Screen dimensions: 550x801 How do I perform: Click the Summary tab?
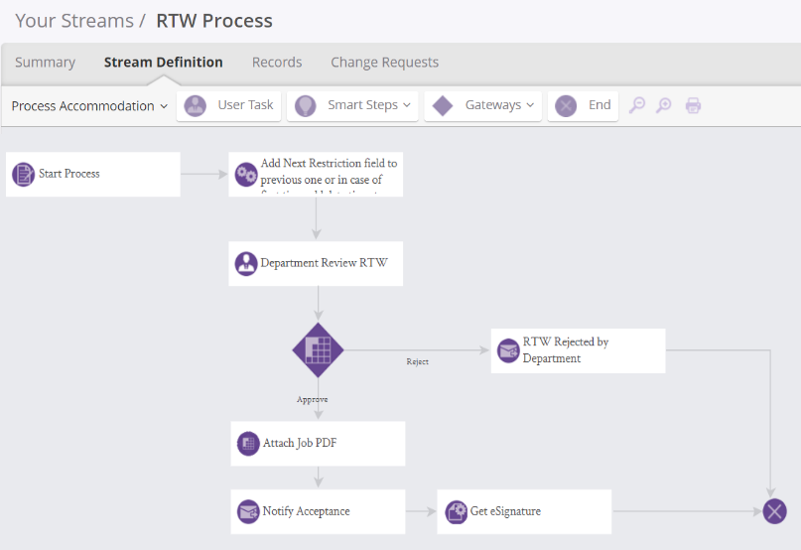coord(45,62)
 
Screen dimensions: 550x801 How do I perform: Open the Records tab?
coord(277,62)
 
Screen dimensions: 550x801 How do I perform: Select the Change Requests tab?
coord(384,62)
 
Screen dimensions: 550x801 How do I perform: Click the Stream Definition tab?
coord(163,62)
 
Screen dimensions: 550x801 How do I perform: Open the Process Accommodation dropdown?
coord(89,106)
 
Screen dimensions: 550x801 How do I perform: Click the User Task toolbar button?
coord(229,105)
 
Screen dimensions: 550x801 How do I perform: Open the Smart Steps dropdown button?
coord(353,105)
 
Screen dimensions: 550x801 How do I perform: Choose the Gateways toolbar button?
coord(483,105)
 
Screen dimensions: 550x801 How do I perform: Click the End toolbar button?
coord(583,105)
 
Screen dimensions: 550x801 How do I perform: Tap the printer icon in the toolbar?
coord(693,105)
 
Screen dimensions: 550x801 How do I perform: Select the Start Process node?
coord(92,174)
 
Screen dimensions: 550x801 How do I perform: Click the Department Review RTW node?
coord(316,263)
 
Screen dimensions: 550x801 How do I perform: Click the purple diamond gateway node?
coord(318,349)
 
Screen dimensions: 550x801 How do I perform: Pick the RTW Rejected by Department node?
coord(578,350)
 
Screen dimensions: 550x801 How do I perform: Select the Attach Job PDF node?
coord(318,443)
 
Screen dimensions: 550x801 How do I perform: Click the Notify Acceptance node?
coord(318,511)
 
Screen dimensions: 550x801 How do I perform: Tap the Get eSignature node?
coord(524,511)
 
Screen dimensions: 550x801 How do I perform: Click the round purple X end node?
coord(774,511)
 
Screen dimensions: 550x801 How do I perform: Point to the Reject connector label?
coord(417,361)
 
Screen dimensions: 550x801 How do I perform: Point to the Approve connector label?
coord(312,399)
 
